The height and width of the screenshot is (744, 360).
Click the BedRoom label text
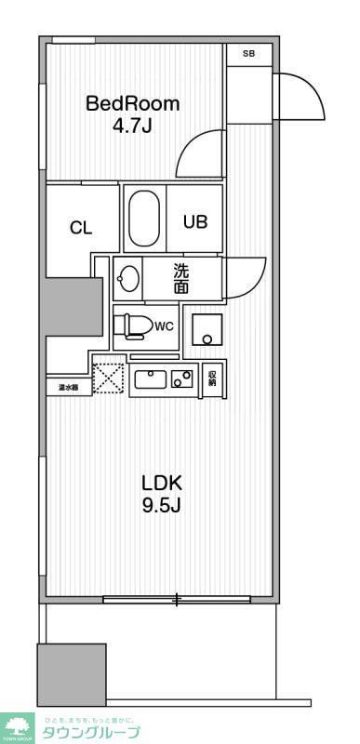(x=132, y=103)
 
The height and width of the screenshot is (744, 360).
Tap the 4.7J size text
(x=132, y=126)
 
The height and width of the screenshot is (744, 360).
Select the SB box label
(x=248, y=54)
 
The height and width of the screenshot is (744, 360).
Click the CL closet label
(x=81, y=229)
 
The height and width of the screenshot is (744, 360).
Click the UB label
(x=194, y=222)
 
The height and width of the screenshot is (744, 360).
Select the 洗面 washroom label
(x=181, y=278)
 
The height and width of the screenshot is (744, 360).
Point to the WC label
(x=164, y=326)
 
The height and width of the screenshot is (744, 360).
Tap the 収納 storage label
(x=212, y=378)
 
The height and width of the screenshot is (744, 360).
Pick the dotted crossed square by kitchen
(x=108, y=378)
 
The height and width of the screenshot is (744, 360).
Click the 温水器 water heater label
(x=68, y=387)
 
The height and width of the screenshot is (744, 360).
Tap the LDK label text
(x=162, y=483)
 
